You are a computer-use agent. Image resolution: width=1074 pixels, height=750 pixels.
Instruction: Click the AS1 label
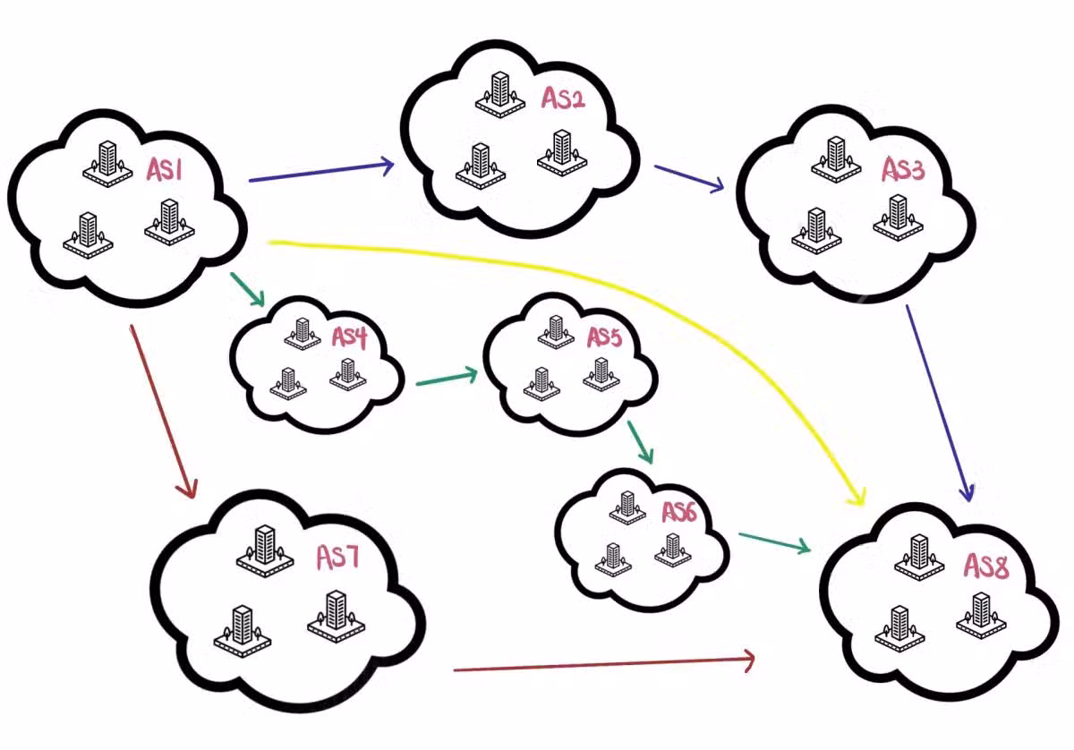[165, 169]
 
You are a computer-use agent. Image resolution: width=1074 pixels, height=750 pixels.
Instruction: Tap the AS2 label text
[563, 98]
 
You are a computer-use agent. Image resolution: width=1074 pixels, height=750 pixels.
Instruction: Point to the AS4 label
[350, 337]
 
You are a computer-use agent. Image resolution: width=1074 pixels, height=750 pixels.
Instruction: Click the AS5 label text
[604, 337]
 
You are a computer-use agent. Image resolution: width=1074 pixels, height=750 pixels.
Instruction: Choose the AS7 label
[337, 558]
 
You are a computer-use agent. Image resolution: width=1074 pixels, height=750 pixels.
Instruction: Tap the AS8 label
[986, 567]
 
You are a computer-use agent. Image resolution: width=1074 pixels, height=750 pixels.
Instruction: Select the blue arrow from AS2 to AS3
[688, 177]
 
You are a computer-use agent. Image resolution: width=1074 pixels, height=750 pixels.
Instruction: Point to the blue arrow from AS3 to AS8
[939, 403]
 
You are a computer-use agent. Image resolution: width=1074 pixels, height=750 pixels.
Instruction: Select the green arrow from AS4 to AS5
[447, 379]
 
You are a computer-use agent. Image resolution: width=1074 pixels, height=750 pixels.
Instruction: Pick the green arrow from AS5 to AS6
[640, 441]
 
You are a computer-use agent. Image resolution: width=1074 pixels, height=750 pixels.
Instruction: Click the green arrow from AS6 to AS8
[773, 541]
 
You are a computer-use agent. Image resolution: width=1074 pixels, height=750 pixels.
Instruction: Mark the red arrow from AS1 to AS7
[161, 409]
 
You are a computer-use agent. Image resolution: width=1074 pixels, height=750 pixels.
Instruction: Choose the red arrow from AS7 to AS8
[604, 665]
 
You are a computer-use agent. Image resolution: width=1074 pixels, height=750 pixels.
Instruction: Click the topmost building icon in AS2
[498, 92]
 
